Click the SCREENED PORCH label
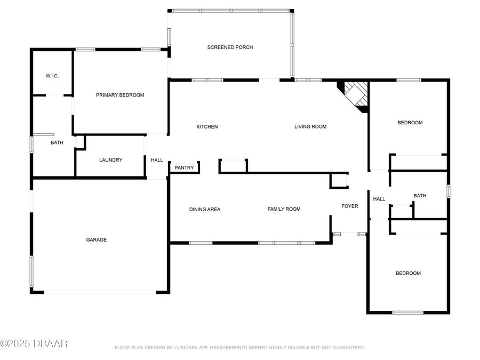pos(230,47)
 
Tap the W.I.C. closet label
pos(52,76)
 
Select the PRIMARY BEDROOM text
pos(120,95)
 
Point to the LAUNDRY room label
pos(110,160)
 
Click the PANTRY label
pos(184,168)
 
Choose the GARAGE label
pos(97,240)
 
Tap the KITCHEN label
pos(207,127)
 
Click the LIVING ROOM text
pos(310,127)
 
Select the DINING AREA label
pos(205,210)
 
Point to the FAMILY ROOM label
pos(284,209)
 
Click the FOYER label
pos(350,206)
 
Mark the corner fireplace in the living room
pos(356,95)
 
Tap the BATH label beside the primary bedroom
pos(57,143)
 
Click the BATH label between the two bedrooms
pos(420,196)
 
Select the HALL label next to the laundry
pos(157,160)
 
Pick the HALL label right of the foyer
pos(379,199)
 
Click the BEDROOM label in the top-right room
pos(410,123)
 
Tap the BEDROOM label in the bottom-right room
pos(407,274)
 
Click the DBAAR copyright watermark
pos(34,344)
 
